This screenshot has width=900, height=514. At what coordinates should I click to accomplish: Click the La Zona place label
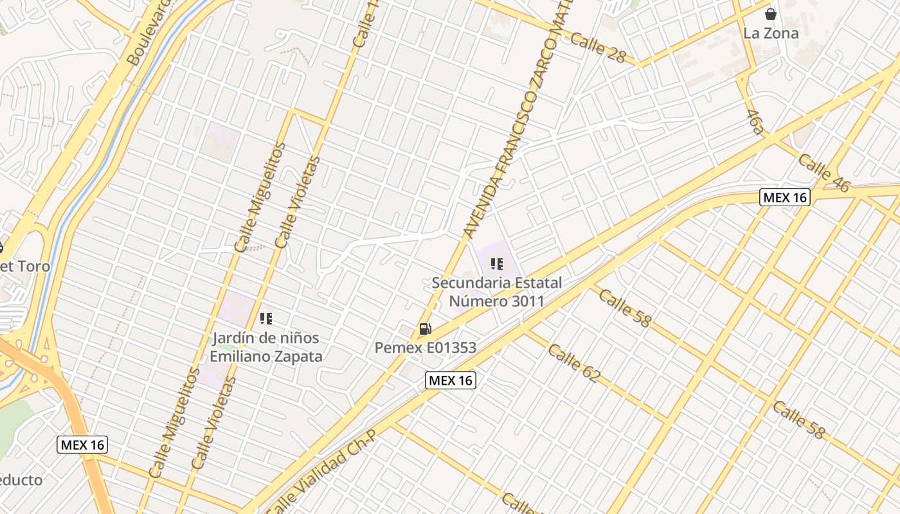771,33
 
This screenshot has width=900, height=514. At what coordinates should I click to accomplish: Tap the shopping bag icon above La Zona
770,13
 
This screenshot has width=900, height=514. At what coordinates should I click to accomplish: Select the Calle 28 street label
597,48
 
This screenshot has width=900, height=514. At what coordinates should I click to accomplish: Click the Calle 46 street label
824,173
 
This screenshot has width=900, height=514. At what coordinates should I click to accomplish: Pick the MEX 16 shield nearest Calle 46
784,197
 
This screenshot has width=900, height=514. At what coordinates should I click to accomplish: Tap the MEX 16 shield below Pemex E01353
451,380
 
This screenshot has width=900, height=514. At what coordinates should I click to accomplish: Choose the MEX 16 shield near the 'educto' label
82,445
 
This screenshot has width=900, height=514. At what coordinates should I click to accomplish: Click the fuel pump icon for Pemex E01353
425,329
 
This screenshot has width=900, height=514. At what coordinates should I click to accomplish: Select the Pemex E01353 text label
426,348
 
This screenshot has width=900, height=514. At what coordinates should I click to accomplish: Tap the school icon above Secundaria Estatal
496,264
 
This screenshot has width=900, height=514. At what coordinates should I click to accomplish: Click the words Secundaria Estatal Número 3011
496,292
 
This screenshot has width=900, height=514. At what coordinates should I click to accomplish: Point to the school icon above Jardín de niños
266,318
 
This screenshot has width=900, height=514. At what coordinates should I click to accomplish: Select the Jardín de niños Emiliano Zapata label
266,347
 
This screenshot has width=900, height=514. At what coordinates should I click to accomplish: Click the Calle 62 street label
573,364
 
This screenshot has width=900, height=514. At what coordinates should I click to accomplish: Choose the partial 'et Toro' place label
24,266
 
